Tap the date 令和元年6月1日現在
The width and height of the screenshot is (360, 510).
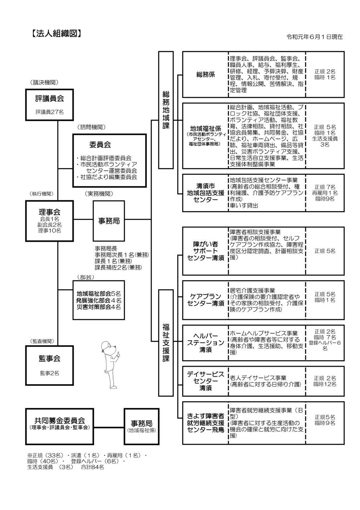click(315, 37)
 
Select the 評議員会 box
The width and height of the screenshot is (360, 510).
click(49, 104)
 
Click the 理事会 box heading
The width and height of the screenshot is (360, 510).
click(49, 212)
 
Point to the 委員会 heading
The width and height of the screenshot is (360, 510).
click(100, 144)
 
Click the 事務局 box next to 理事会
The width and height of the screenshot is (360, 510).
click(109, 220)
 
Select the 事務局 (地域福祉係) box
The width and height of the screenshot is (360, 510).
click(141, 426)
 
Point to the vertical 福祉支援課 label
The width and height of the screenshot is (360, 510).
click(166, 343)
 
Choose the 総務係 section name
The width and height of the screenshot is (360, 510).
click(205, 74)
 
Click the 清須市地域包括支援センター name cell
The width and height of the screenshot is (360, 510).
click(205, 193)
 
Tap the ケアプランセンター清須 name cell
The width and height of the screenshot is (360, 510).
click(205, 300)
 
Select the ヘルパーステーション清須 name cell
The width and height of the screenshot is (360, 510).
click(205, 342)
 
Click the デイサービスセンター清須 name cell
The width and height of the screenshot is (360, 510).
click(205, 381)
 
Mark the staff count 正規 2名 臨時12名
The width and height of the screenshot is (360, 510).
click(325, 381)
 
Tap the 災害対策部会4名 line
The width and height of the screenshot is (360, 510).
click(99, 307)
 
